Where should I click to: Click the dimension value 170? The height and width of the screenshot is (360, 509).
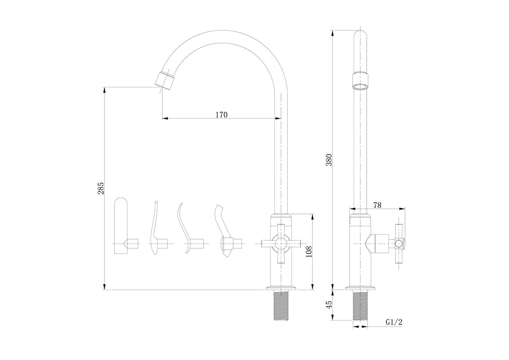(x=221, y=115)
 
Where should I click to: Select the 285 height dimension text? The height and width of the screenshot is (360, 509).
(x=101, y=188)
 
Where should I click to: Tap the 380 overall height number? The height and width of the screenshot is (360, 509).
(x=329, y=160)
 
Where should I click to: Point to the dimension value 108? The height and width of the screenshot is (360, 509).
(x=309, y=252)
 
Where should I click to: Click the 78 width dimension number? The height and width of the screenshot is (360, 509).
(x=377, y=205)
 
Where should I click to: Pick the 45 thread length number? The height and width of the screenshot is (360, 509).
(x=329, y=304)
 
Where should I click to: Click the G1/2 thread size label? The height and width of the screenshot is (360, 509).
(x=394, y=322)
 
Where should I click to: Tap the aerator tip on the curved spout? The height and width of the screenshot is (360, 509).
(x=165, y=80)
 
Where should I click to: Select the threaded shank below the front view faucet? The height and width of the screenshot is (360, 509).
(x=281, y=306)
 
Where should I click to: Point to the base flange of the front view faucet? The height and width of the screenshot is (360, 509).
(x=281, y=288)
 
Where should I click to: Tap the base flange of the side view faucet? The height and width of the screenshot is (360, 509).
(x=360, y=288)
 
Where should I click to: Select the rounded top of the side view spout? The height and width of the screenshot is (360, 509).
(x=360, y=35)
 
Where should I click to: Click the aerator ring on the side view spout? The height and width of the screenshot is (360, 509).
(x=360, y=81)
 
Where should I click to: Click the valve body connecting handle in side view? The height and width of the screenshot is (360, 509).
(x=377, y=243)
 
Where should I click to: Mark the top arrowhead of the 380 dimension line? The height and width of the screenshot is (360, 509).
(x=332, y=33)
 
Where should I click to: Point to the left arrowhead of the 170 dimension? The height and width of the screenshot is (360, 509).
(x=165, y=119)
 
